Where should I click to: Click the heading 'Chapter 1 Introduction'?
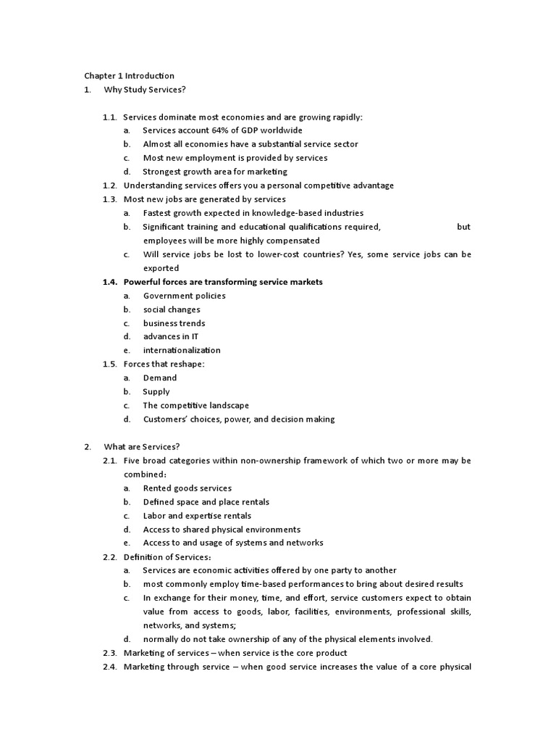(x=129, y=75)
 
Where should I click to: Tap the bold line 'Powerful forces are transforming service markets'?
(x=223, y=282)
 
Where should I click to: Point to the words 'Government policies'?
(x=184, y=296)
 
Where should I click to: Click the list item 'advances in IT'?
(x=172, y=337)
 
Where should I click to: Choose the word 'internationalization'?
(x=182, y=351)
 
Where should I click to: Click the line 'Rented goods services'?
(x=187, y=488)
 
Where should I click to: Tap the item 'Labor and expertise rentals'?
(x=197, y=516)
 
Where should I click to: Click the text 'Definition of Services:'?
(x=167, y=557)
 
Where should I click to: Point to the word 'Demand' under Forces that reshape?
(x=159, y=378)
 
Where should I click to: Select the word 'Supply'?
(x=156, y=392)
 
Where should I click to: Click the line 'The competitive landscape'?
(x=196, y=406)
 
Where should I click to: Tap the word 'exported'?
(x=161, y=268)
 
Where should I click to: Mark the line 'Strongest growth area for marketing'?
(x=215, y=172)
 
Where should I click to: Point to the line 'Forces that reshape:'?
(x=164, y=364)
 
